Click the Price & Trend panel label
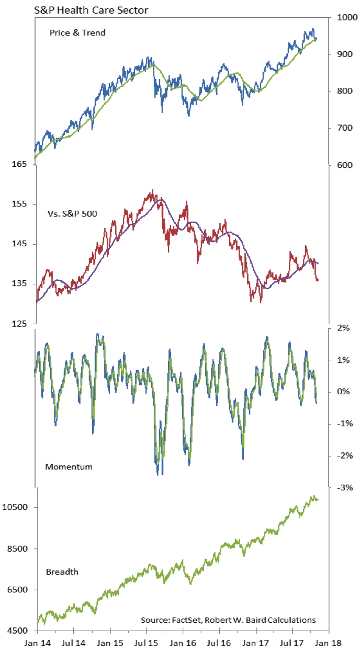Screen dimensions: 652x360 click(77, 32)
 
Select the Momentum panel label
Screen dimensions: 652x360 click(69, 466)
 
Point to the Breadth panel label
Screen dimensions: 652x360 click(62, 571)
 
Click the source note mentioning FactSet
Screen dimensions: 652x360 click(228, 620)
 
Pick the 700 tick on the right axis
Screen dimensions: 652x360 click(340, 128)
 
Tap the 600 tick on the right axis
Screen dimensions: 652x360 click(340, 165)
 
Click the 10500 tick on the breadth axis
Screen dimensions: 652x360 click(17, 508)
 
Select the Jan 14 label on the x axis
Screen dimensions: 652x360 click(37, 643)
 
